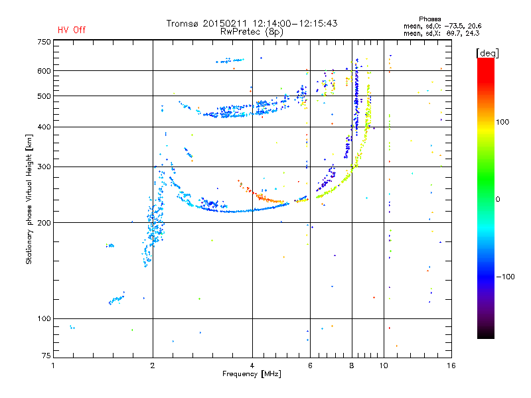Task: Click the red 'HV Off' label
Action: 72,30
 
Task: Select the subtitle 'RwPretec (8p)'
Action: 252,32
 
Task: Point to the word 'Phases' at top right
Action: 429,19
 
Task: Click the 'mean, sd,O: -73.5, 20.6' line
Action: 442,26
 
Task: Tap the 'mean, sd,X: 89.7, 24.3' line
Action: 441,33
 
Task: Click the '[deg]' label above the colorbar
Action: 487,53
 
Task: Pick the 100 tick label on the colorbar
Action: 502,122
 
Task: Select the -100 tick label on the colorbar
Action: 505,277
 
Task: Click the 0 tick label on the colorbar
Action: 498,199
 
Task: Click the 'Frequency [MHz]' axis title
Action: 252,374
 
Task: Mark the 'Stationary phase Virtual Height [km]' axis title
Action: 29,200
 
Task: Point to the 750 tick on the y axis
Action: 44,42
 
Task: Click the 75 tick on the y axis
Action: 46,356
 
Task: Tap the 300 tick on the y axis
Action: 44,166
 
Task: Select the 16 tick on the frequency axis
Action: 451,365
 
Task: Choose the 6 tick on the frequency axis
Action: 310,365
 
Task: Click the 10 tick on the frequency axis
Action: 384,365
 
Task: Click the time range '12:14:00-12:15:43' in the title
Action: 295,23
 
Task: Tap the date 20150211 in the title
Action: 225,23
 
